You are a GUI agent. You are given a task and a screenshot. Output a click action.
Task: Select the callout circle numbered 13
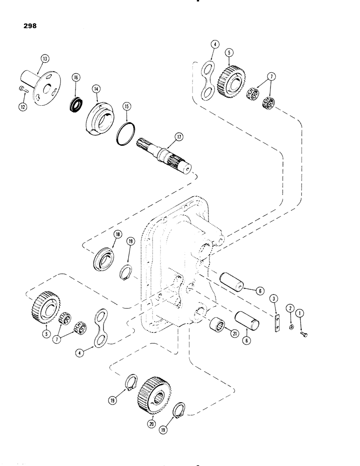(x=44, y=59)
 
